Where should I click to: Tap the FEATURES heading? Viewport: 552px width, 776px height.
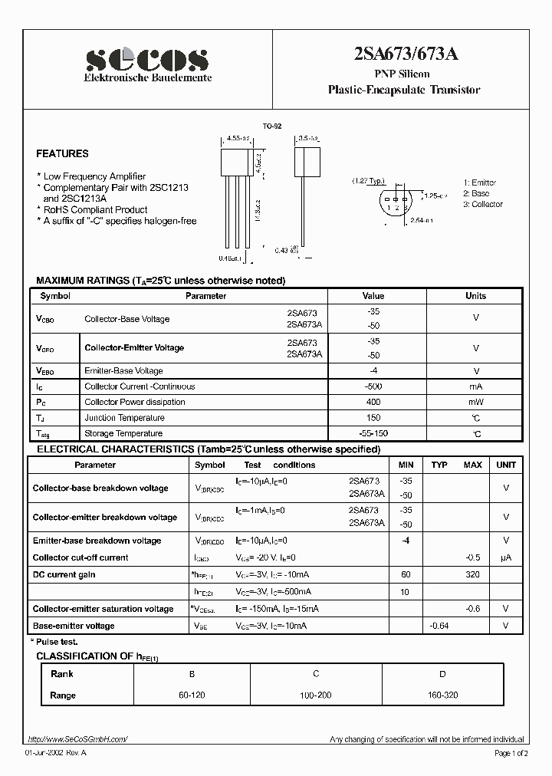tap(62, 154)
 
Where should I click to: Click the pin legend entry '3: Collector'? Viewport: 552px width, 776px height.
tap(483, 204)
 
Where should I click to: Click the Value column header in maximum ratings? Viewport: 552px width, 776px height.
tap(373, 296)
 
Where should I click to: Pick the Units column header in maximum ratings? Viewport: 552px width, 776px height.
tap(475, 296)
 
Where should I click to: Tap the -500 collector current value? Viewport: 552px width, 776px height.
tap(373, 386)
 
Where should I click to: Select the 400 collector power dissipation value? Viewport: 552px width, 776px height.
tap(373, 402)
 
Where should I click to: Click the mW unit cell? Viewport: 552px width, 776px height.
tap(475, 402)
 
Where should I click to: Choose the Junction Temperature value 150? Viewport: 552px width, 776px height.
tap(373, 418)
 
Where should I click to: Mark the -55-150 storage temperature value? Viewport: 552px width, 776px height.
tap(373, 434)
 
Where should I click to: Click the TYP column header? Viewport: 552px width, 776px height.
tap(439, 465)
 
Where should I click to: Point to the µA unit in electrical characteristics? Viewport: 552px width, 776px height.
tap(506, 557)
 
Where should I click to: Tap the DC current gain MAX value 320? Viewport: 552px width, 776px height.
tap(472, 574)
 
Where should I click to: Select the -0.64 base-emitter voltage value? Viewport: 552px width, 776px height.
tap(439, 626)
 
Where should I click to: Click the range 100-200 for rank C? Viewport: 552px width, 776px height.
tap(316, 695)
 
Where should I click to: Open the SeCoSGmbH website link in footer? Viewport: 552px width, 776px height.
tap(77, 739)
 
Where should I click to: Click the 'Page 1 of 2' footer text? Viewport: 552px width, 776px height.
tap(512, 754)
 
